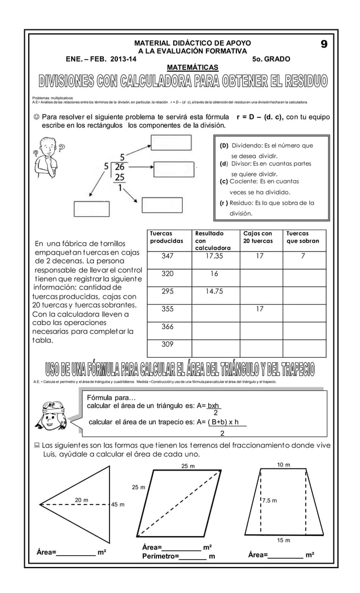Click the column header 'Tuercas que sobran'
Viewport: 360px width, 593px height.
(303, 237)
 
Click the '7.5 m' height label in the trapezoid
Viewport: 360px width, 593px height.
(269, 500)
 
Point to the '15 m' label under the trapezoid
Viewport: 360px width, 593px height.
(284, 540)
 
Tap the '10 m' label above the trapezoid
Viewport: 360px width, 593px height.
(284, 464)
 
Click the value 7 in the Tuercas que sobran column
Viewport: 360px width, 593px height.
(303, 256)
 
